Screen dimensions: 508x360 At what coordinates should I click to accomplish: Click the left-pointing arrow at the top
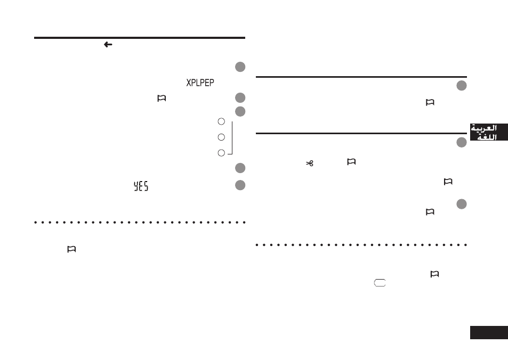coord(108,44)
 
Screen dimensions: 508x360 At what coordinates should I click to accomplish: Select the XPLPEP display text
coord(200,83)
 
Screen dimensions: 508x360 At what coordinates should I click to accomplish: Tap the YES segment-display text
coord(141,186)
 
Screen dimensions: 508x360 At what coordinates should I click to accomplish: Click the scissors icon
coord(310,163)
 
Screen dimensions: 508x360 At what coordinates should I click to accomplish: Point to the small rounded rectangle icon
coord(380,283)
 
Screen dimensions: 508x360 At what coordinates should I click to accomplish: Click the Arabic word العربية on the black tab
coord(483,128)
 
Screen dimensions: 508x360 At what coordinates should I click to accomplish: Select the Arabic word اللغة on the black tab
coord(487,137)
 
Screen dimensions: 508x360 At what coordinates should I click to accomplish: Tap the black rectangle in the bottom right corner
coord(489,332)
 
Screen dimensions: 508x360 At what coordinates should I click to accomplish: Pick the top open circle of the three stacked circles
coord(221,121)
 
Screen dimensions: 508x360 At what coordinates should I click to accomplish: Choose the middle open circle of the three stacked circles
coord(221,137)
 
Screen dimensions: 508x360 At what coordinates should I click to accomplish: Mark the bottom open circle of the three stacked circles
coord(221,153)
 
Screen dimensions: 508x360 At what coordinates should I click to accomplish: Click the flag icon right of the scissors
coord(351,161)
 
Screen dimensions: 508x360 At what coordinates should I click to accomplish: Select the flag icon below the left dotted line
coord(71,249)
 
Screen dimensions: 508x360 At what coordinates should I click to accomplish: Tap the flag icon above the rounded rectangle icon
coord(434,274)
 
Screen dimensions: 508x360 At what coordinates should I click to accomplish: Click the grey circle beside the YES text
coord(240,185)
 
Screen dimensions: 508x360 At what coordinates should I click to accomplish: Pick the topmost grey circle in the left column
coord(240,67)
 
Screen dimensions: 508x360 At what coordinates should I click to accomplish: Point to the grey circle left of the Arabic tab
coord(462,142)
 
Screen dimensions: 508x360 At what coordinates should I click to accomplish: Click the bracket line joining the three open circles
coord(232,137)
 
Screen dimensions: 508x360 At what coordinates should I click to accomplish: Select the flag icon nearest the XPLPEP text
coord(162,98)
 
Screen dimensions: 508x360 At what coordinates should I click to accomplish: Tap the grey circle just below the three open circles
coord(240,168)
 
